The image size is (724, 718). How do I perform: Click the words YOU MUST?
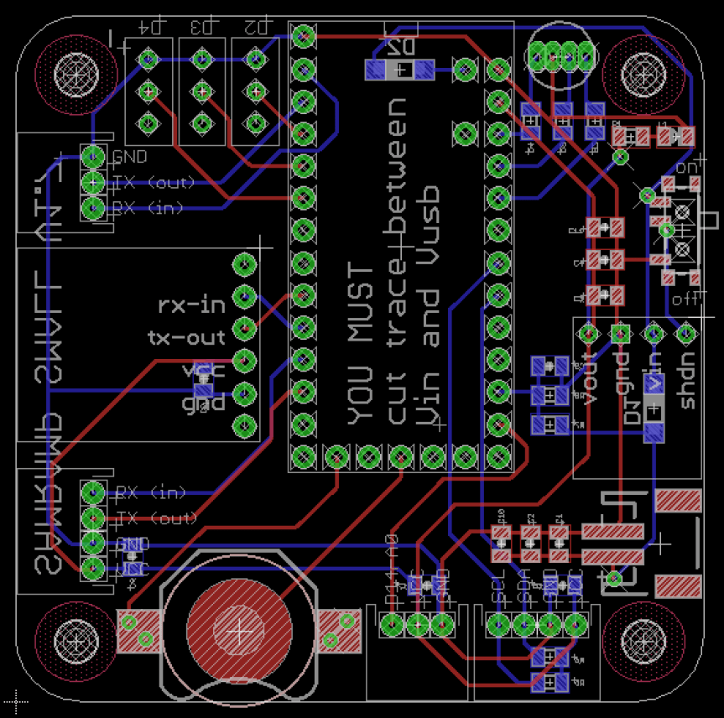coord(362,344)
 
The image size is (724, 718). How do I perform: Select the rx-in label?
coord(192,305)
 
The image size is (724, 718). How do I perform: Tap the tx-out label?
coord(187,338)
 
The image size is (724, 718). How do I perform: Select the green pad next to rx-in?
coord(244,296)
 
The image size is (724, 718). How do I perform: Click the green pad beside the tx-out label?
coord(244,329)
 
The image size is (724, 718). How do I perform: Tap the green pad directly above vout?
coord(587,334)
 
